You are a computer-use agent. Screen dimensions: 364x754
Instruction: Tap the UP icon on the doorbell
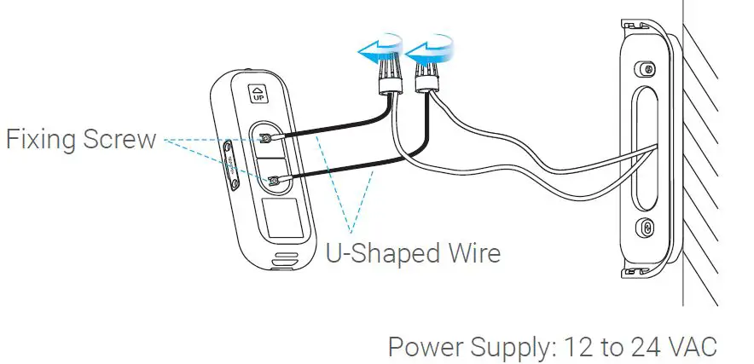point(258,93)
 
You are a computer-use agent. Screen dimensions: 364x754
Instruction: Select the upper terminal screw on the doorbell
point(267,139)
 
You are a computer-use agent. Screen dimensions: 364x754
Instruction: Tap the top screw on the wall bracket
point(649,68)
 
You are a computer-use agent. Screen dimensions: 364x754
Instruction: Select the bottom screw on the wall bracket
point(647,228)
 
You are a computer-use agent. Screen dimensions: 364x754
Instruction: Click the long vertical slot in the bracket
point(646,149)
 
